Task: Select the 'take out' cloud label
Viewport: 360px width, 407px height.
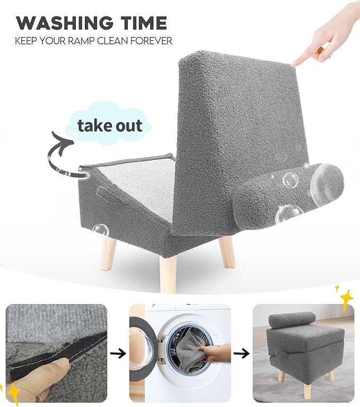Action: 110,126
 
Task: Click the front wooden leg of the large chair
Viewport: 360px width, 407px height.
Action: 168,271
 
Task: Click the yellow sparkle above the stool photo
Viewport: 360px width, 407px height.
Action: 345,299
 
